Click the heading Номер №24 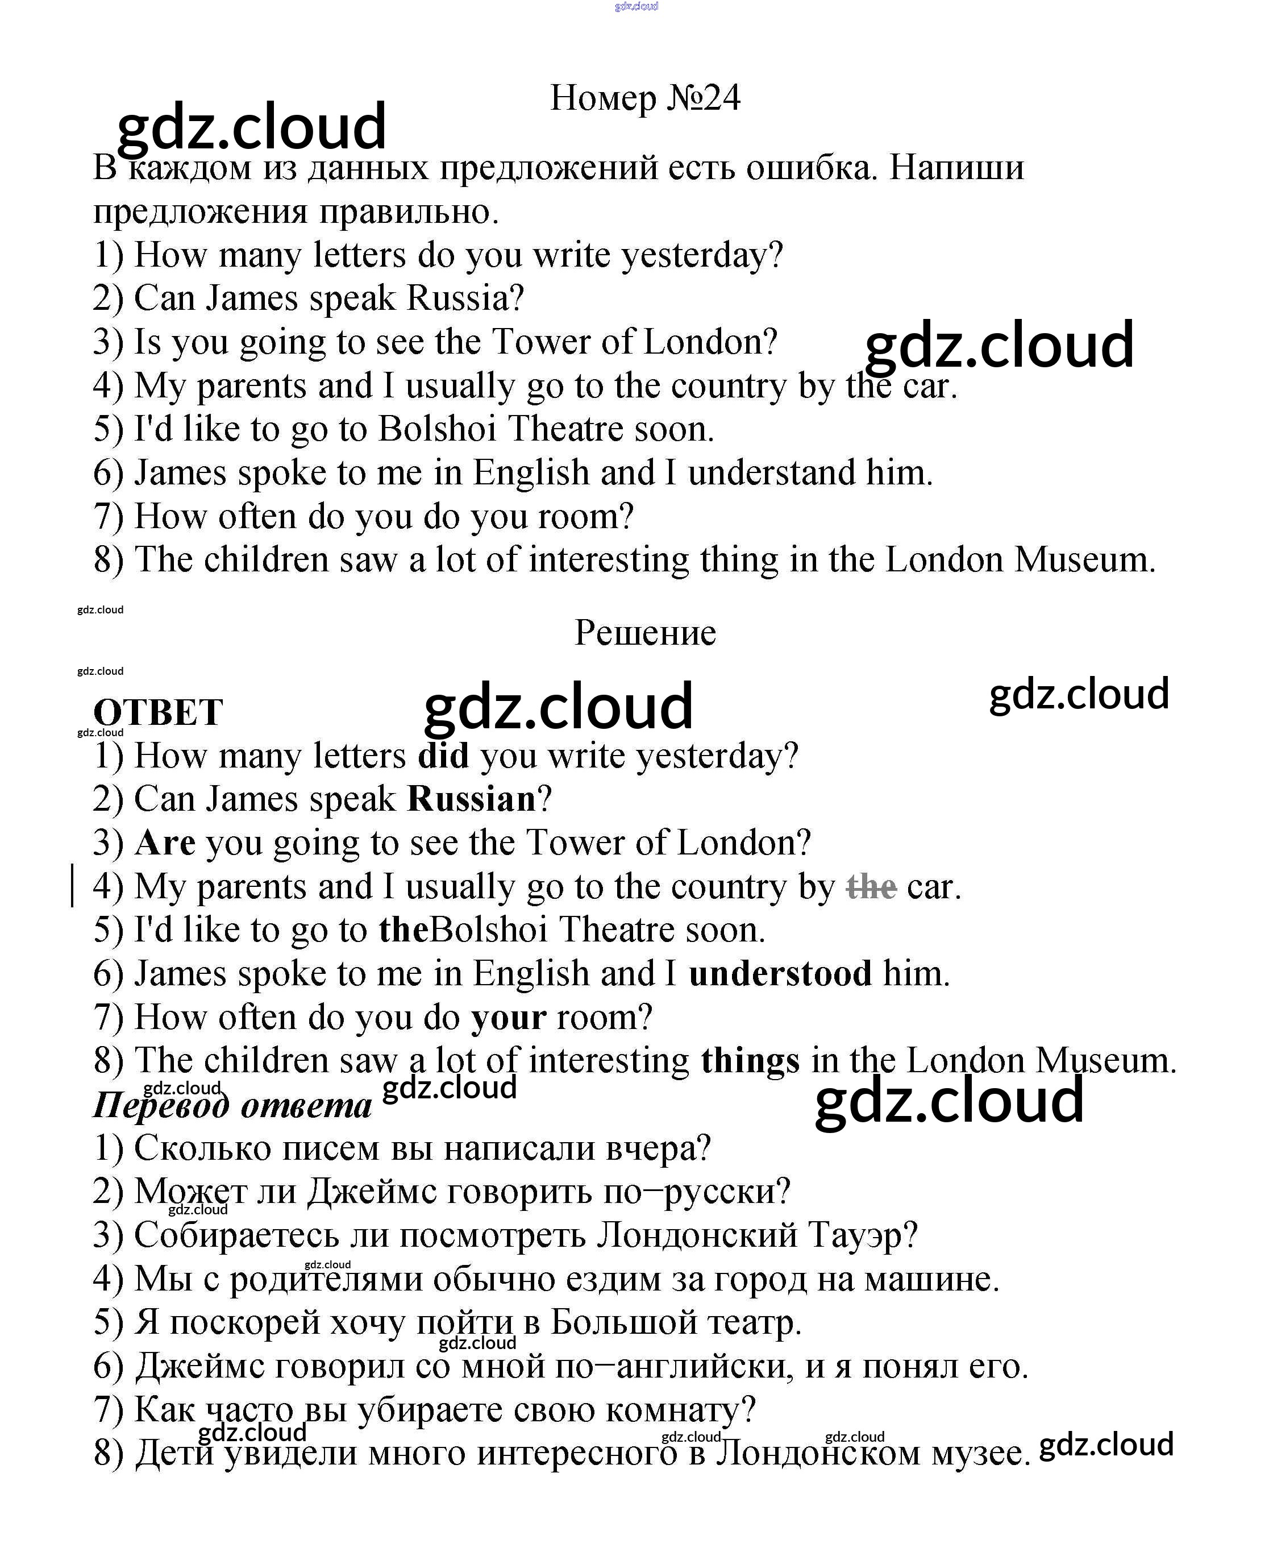644,98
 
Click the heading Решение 644,632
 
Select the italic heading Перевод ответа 232,1105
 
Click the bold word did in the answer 443,756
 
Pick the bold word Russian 472,799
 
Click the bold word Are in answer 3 165,843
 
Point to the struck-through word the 871,887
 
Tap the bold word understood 780,974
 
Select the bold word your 508,1017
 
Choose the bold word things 750,1060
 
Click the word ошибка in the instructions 811,168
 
